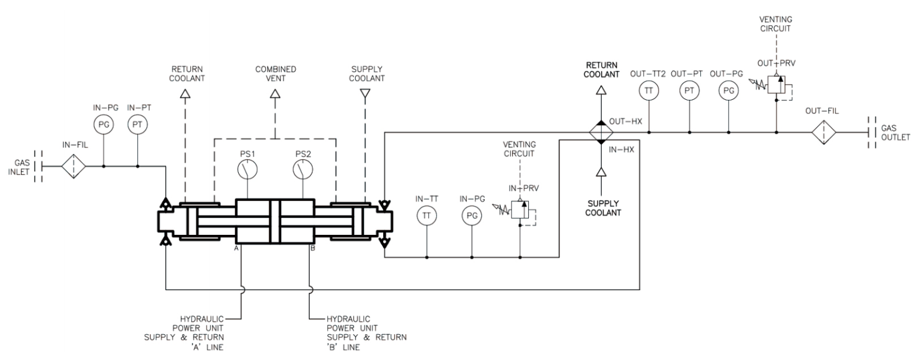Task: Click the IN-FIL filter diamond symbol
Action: point(73,166)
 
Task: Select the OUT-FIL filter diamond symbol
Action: point(824,133)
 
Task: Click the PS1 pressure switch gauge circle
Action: point(248,170)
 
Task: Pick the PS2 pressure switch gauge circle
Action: point(303,170)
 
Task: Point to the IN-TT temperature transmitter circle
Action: point(427,216)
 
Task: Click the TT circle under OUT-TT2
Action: point(649,90)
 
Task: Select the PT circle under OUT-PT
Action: point(689,90)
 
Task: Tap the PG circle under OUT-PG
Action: point(728,90)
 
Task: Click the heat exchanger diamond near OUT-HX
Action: point(600,133)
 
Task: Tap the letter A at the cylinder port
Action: point(234,248)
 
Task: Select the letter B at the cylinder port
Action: point(313,248)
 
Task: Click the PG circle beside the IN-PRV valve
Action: point(472,216)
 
